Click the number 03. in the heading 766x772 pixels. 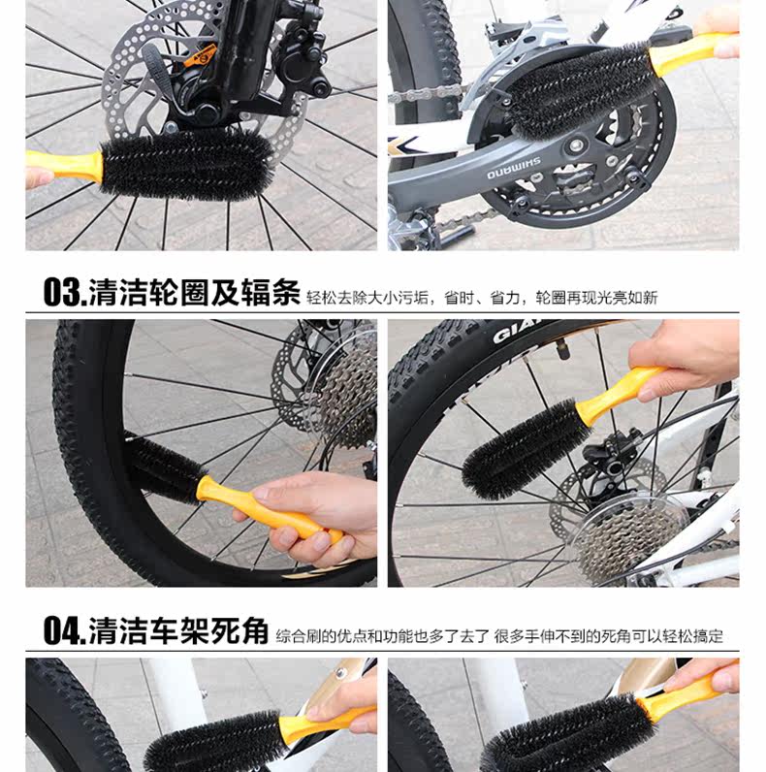pyautogui.click(x=64, y=292)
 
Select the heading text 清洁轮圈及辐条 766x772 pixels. pyautogui.click(x=194, y=292)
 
